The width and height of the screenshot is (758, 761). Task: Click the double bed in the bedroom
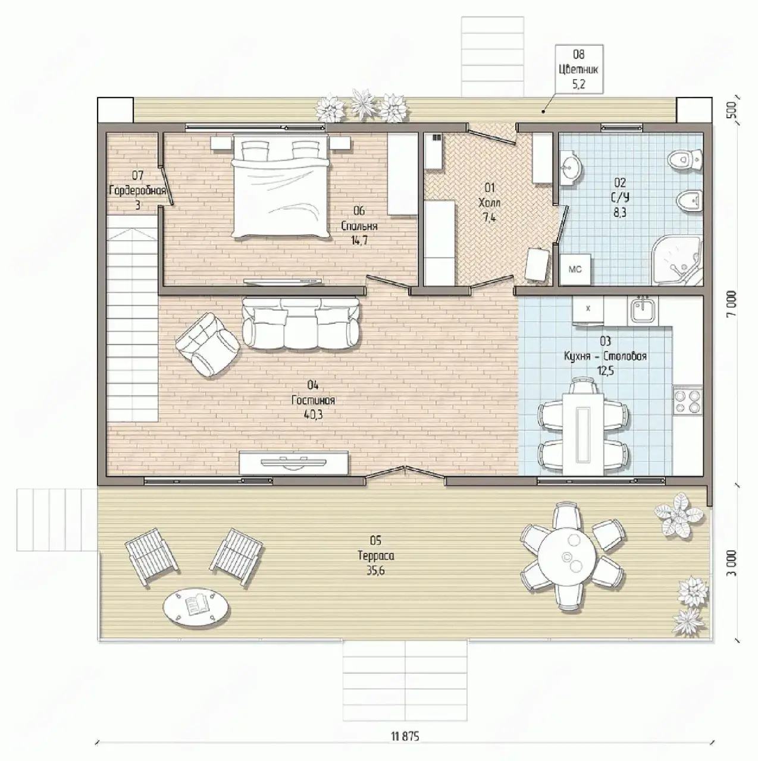pyautogui.click(x=281, y=187)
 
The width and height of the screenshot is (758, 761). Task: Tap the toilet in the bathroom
pyautogui.click(x=685, y=161)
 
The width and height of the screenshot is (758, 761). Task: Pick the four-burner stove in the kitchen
pyautogui.click(x=688, y=401)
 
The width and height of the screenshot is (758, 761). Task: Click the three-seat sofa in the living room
pyautogui.click(x=300, y=323)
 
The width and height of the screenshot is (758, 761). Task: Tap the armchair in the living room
pyautogui.click(x=208, y=345)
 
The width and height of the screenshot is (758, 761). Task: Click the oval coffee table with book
pyautogui.click(x=196, y=608)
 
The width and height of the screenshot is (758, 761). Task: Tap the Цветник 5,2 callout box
pyautogui.click(x=579, y=70)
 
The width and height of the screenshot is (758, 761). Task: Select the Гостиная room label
pyautogui.click(x=313, y=400)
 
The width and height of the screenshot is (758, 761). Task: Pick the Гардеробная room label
pyautogui.click(x=137, y=190)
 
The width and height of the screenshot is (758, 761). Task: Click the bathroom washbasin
pyautogui.click(x=570, y=169)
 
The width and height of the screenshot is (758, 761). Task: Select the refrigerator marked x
pyautogui.click(x=588, y=312)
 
